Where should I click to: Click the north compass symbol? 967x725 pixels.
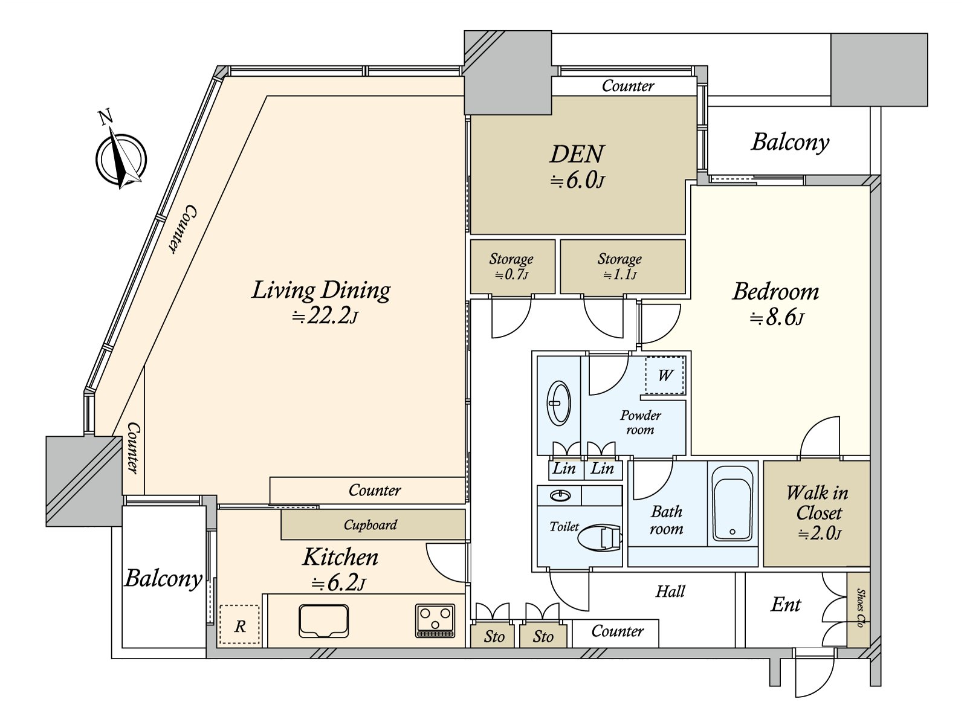coord(121,158)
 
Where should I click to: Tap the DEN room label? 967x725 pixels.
coord(577,154)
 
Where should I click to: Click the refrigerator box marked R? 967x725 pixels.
coord(240,624)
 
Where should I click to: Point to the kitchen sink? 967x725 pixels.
coord(324,620)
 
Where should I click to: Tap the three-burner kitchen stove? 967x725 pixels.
coord(435,620)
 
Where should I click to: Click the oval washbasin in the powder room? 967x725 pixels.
coord(558,403)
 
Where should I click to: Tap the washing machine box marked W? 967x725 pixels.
coord(665,375)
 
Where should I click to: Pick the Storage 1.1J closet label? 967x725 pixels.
coord(619,266)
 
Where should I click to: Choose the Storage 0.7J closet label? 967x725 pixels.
coord(511,266)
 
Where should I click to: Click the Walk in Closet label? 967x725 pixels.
coord(818,503)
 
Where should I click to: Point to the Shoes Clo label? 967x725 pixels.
coord(861,608)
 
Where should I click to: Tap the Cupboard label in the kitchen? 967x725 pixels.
coord(370,524)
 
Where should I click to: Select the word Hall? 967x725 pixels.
coord(670,591)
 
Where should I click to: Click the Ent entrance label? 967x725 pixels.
coord(786,604)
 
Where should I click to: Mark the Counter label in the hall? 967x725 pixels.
coord(618,631)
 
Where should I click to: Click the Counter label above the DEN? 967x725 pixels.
coord(628,86)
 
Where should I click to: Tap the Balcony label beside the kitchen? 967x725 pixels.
coord(163,578)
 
